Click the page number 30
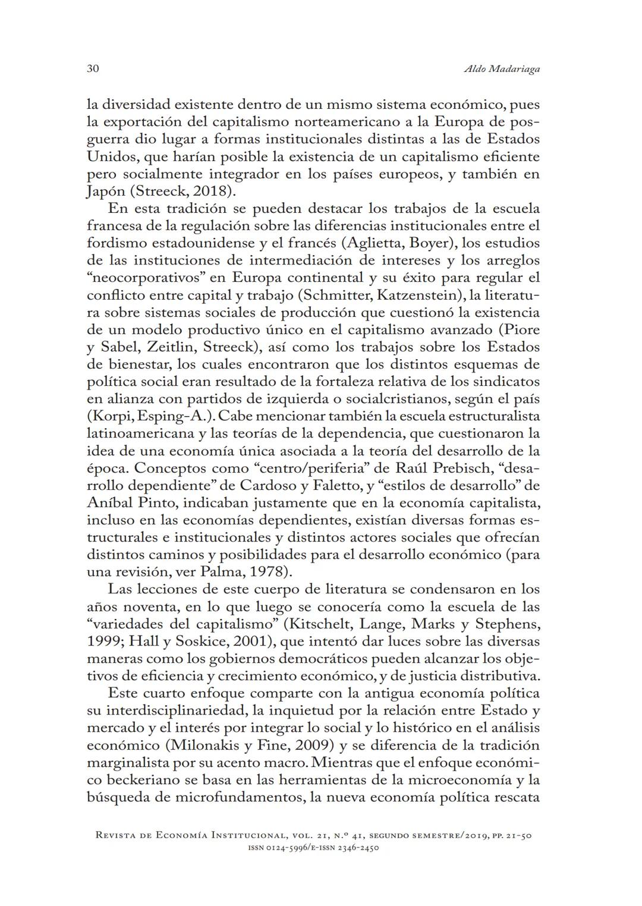click(92, 69)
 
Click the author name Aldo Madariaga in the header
click(501, 70)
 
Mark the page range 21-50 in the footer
click(518, 836)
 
